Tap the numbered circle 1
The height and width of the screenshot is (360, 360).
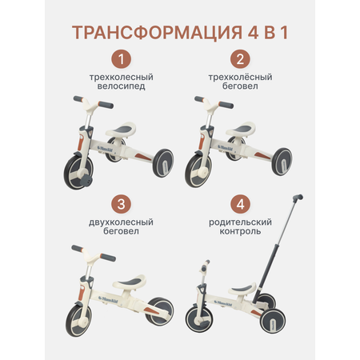121,59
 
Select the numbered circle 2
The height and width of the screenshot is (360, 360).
240,59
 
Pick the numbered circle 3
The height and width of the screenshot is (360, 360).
121,204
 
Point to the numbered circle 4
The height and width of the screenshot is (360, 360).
240,204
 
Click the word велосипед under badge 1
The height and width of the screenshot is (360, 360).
121,86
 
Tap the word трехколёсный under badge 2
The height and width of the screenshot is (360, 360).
240,77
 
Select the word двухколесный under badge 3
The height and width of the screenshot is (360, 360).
121,222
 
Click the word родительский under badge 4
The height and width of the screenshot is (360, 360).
240,222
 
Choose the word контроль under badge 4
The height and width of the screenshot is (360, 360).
240,231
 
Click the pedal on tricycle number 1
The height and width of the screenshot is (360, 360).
86,180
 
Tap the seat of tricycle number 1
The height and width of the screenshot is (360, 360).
121,129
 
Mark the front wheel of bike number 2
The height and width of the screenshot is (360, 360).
198,171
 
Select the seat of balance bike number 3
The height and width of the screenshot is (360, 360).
130,282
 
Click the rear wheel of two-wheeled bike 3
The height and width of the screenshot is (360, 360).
160,311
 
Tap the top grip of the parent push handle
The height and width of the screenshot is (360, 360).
298,198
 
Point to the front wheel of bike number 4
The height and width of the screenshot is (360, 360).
198,319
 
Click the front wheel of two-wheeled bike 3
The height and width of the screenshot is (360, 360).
78,320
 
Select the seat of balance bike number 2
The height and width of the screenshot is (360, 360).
241,129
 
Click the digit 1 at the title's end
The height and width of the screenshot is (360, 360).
285,33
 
